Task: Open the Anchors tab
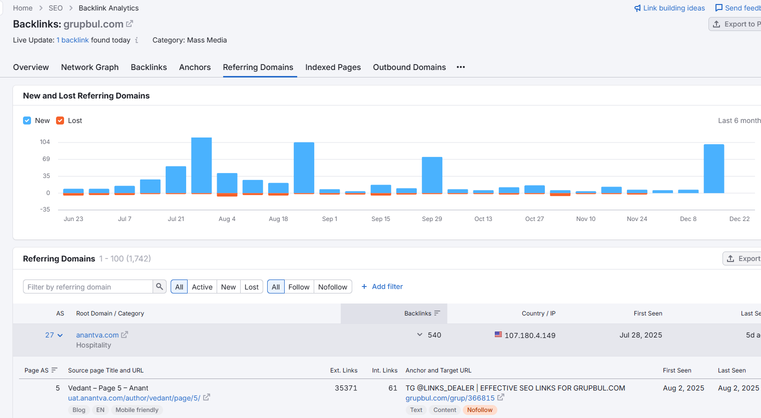(x=195, y=67)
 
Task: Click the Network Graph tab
(x=90, y=67)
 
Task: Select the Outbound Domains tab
(x=409, y=67)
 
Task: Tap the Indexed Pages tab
(x=333, y=67)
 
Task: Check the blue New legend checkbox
(x=27, y=120)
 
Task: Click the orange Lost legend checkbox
(x=60, y=120)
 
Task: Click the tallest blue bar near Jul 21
(x=202, y=165)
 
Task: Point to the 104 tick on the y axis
(x=45, y=142)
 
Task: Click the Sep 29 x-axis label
(x=432, y=219)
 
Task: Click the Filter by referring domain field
(x=88, y=286)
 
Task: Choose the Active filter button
(x=202, y=286)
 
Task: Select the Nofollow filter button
(x=333, y=286)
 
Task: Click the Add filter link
(x=382, y=286)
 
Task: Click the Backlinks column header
(x=418, y=313)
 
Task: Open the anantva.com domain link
(x=97, y=335)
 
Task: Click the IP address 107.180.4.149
(x=530, y=335)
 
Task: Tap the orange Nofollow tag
(x=480, y=410)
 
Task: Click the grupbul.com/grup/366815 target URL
(x=450, y=398)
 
